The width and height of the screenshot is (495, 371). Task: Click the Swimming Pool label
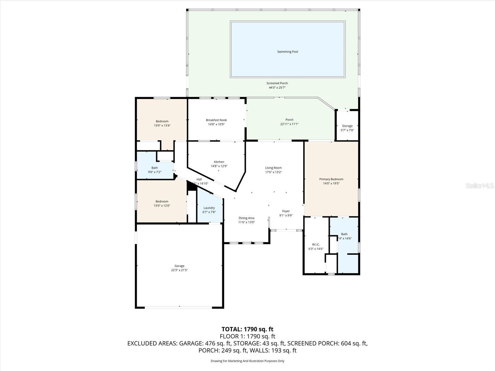click(287, 52)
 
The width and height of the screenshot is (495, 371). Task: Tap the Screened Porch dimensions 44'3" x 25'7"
click(277, 87)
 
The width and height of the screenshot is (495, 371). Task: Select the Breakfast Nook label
click(216, 120)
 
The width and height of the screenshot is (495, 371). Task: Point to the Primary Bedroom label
click(331, 179)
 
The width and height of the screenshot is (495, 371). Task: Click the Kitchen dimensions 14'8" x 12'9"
click(219, 166)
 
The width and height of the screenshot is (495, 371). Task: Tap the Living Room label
click(273, 168)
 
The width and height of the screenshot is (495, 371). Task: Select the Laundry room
click(209, 210)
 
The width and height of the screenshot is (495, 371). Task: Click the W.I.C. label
click(316, 245)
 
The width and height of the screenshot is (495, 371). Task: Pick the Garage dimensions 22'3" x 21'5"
click(179, 270)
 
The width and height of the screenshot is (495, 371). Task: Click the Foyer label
click(286, 211)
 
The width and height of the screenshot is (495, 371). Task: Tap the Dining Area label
click(246, 218)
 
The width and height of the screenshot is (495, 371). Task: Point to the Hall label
click(199, 179)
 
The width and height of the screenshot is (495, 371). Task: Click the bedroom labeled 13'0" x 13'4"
click(162, 123)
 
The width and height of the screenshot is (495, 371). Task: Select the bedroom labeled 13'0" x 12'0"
click(162, 203)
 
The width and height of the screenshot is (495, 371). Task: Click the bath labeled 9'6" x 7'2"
click(155, 170)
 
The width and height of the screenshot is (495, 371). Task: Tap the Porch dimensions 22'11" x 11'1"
click(289, 124)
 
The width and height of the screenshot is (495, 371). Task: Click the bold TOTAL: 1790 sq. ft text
click(247, 329)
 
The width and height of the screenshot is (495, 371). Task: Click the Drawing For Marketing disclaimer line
click(247, 361)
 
